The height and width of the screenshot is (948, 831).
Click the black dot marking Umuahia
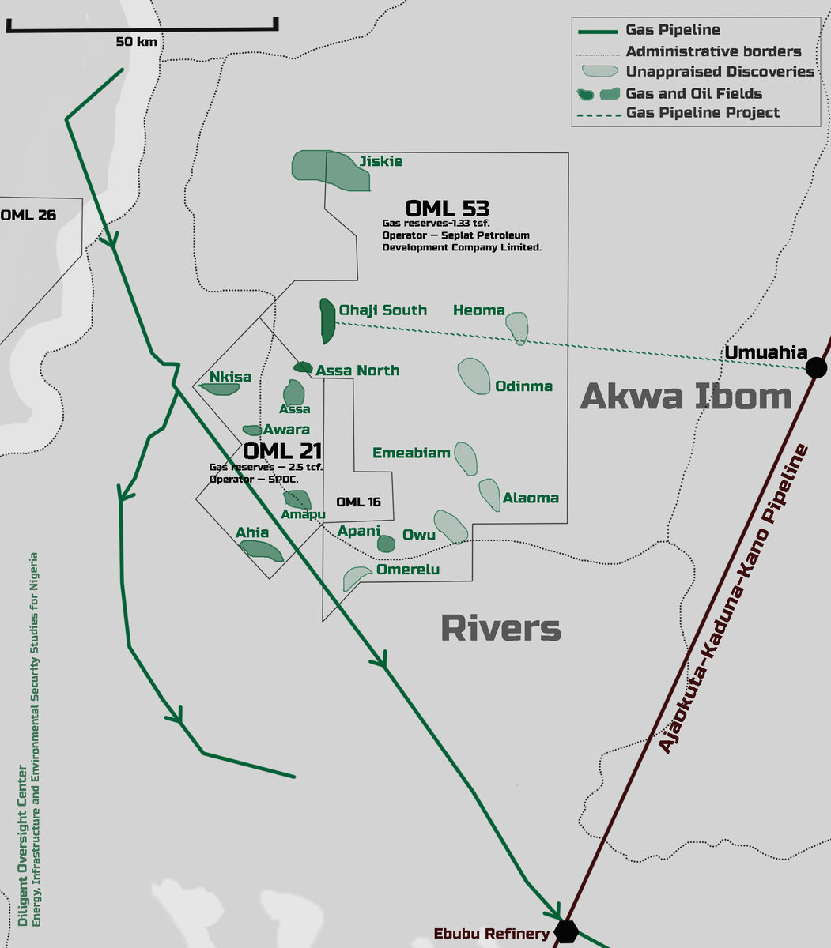[815, 367]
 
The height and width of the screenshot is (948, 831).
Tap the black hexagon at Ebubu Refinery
[565, 931]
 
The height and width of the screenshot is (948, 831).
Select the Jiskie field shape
[328, 168]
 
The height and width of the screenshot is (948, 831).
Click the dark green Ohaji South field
[327, 321]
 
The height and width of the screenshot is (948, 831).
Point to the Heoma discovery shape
[517, 327]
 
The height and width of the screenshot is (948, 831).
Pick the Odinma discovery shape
[474, 376]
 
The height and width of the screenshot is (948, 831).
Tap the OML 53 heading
[447, 209]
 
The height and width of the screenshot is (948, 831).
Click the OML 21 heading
[282, 451]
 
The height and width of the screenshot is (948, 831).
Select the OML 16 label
[358, 502]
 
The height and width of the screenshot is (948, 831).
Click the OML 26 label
[28, 215]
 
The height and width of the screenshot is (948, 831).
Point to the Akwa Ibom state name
[686, 397]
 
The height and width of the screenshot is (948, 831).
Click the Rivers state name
[500, 629]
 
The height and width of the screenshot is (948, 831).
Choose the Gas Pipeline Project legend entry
[702, 113]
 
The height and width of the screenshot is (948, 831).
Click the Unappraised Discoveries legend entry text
[720, 72]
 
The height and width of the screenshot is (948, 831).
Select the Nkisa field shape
[218, 389]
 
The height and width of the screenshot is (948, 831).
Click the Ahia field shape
[262, 550]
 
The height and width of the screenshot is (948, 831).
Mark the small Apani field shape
[386, 544]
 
